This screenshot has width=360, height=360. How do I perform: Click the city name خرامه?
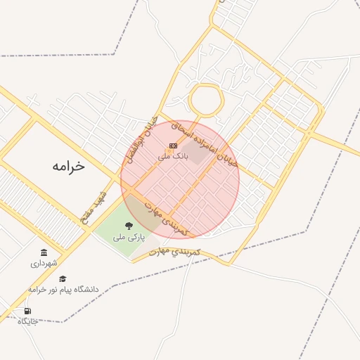coord(67,166)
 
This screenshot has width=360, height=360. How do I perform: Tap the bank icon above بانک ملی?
coord(172,146)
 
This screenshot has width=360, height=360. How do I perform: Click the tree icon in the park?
coord(129,226)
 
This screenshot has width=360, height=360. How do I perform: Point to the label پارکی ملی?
coord(129,238)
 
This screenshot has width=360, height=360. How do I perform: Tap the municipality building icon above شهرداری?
coord(44,252)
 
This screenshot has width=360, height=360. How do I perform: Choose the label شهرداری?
coord(44,264)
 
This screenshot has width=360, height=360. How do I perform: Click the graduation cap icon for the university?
coord(63,278)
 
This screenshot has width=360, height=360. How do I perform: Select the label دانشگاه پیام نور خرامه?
coord(63,289)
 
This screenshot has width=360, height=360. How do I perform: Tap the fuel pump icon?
coord(27,311)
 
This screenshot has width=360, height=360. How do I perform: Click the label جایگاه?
coord(27,321)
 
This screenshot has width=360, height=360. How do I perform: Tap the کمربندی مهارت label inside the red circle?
coord(167,220)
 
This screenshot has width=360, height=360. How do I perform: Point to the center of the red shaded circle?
coord(180,179)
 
